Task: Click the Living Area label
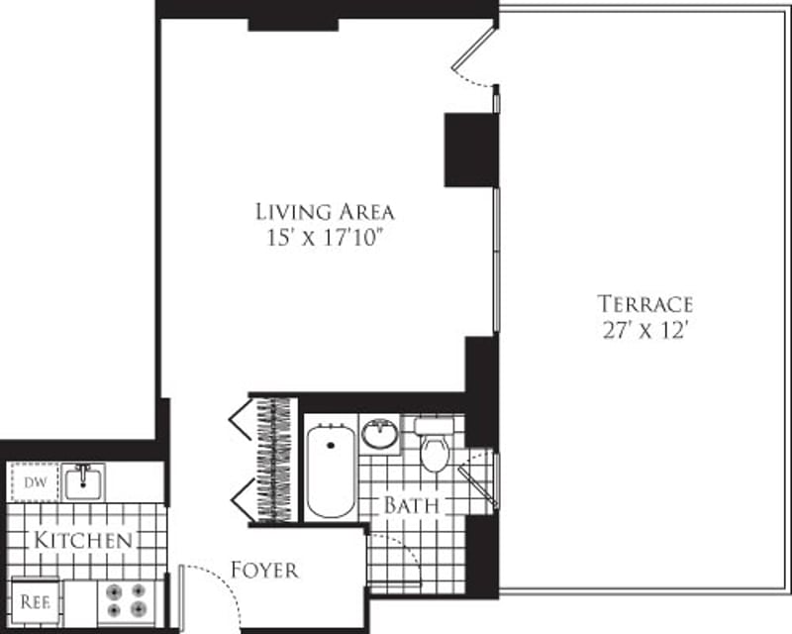coord(325,211)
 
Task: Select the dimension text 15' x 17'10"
coord(325,238)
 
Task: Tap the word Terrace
coord(644,304)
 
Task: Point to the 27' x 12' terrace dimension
coord(644,331)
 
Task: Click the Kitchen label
coord(83,541)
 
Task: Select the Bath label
coord(412,505)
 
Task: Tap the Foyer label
coord(264,571)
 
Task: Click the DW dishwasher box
coord(35,482)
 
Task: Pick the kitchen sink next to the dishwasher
coord(84,482)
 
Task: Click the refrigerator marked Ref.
coord(36,601)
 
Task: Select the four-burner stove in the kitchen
coord(126,600)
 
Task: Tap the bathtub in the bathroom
coord(331,471)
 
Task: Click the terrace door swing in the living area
coord(473,61)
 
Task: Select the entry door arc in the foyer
coord(210,589)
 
